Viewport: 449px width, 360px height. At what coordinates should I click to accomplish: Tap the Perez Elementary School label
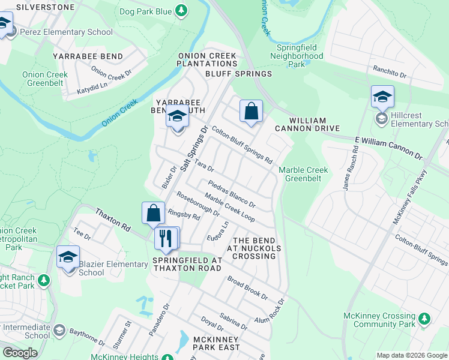pos(66,32)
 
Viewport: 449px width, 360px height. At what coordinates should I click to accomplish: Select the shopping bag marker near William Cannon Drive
pos(251,112)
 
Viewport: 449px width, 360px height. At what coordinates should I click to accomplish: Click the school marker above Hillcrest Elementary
pos(382,97)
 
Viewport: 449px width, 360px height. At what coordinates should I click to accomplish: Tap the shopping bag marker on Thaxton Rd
pos(154,213)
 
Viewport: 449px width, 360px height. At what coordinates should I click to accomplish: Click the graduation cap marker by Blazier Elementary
pos(68,257)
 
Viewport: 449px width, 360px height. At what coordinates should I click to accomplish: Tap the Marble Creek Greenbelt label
pos(303,174)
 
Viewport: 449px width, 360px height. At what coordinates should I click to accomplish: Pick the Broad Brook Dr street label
pos(247,287)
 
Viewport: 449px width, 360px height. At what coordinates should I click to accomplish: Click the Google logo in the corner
pos(20,353)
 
